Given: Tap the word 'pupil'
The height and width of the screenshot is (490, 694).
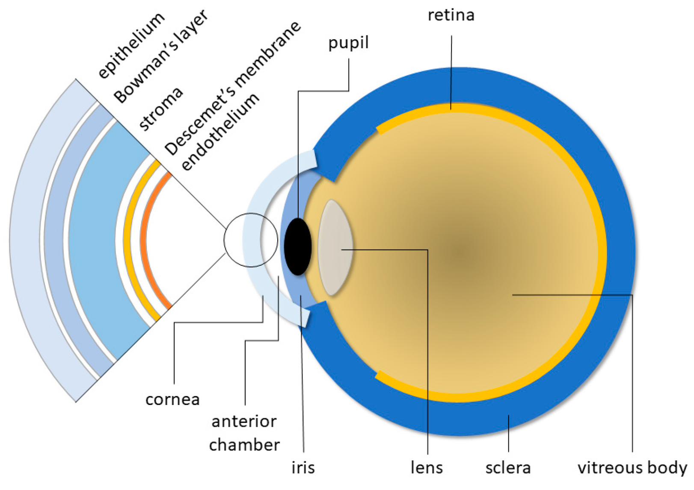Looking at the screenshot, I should [348, 43].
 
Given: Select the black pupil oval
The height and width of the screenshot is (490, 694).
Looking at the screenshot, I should [297, 246].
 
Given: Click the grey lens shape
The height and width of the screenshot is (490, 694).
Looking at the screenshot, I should [335, 248].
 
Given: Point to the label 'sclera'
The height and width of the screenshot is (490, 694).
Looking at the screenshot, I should [507, 468].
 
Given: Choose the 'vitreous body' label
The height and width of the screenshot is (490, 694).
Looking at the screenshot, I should [632, 468].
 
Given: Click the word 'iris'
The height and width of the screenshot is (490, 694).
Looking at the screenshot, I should [303, 467].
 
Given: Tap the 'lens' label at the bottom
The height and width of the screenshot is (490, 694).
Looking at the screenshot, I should [426, 468].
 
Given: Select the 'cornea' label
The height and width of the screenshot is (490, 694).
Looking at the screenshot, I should [172, 399].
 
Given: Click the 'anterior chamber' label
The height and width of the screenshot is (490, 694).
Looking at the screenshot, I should [244, 433].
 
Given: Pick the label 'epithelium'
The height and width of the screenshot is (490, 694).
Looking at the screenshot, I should [131, 45].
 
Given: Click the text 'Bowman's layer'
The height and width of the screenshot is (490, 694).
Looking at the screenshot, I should [160, 56].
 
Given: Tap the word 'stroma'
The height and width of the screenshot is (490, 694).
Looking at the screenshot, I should [160, 109].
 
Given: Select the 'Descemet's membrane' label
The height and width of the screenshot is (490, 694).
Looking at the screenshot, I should [232, 88].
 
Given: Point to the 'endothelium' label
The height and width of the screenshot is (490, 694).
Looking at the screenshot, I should [220, 132].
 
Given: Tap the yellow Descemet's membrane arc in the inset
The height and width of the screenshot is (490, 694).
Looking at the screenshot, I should [127, 239].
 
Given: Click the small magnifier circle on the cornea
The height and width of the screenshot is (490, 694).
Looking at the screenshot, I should [251, 240].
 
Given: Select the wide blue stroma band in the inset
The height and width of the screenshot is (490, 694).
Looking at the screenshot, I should [92, 239].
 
